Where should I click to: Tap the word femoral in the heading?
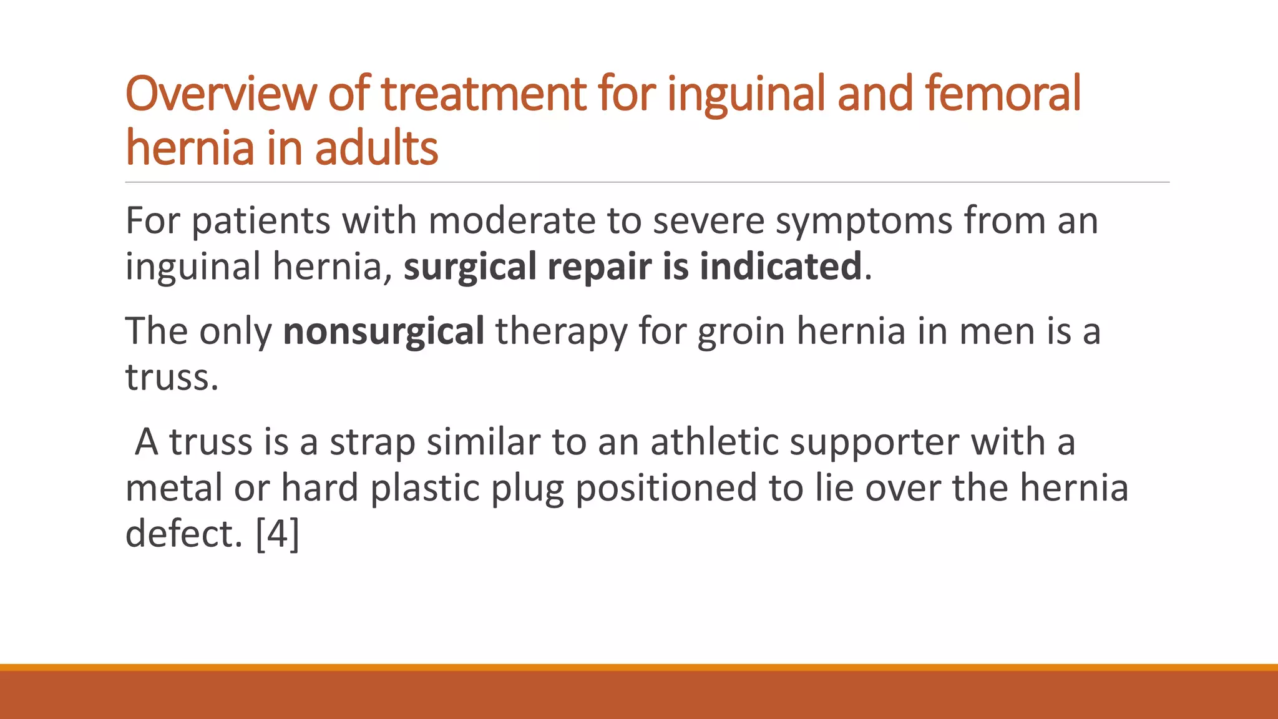[1002, 94]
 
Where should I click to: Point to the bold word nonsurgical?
[383, 331]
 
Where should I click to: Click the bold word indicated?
[780, 267]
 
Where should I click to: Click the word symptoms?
[864, 222]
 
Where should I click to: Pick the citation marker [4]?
[278, 534]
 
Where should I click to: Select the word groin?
[741, 331]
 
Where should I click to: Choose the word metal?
[173, 488]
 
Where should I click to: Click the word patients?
[260, 222]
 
